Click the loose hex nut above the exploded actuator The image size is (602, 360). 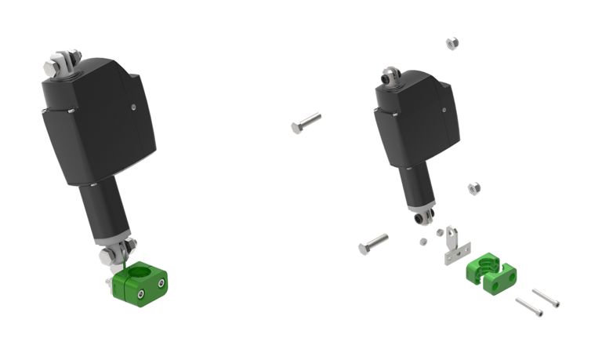pos(451,44)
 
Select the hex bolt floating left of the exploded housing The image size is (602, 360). pos(306,123)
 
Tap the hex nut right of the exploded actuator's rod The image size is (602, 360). pos(473,189)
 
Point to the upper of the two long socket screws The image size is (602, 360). pos(546,298)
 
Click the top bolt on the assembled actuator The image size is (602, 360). pos(61,62)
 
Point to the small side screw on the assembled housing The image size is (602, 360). pos(134,107)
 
